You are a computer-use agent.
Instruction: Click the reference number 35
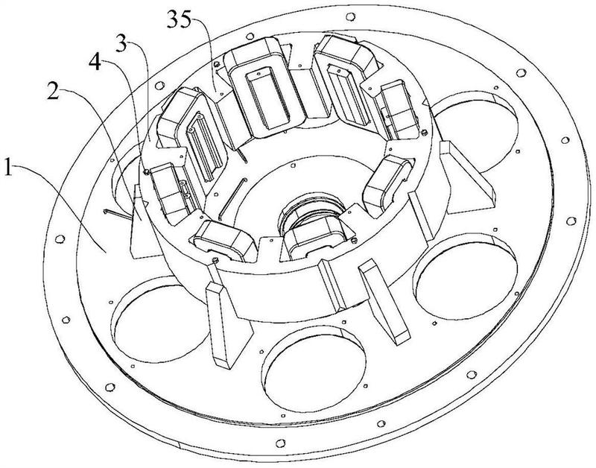pos(179,19)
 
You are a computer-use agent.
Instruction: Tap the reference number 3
pos(121,45)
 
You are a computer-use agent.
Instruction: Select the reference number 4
pos(95,63)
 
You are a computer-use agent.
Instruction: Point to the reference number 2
pos(53,91)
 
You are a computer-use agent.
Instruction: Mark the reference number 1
pos(8,168)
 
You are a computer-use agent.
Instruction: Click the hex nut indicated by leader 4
pos(146,173)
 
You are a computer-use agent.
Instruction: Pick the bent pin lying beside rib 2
pos(117,215)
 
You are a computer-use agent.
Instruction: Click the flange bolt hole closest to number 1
pos(60,238)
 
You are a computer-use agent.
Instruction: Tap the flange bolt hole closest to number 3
pos(159,85)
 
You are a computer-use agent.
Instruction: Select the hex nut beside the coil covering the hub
pos(354,239)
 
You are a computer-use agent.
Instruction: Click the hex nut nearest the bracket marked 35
pos(217,64)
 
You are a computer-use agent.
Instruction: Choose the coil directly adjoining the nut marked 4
pos(169,192)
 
